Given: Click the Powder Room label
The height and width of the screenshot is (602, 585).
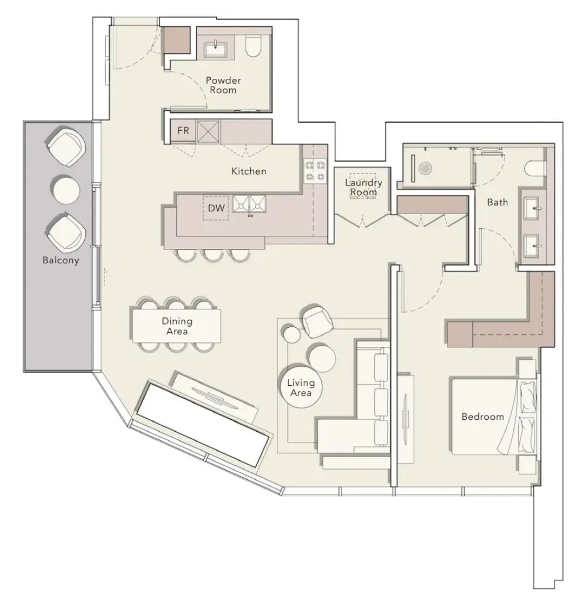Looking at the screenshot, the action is tap(223, 85).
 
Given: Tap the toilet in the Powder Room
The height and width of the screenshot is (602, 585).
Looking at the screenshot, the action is tap(253, 45).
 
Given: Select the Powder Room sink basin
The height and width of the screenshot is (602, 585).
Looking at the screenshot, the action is tap(216, 49).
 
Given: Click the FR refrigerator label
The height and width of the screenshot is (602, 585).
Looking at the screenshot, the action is tap(183, 131).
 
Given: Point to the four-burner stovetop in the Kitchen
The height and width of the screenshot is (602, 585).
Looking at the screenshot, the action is tap(315, 171).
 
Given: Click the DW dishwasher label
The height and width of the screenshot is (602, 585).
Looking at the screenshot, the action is tap(216, 208).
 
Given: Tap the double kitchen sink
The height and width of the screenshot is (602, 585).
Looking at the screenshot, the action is tap(249, 204).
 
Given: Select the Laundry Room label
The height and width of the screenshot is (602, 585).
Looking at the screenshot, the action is tap(363, 187).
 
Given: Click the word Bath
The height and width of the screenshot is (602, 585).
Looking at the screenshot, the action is tap(497, 202).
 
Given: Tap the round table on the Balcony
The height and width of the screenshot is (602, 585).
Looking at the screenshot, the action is tap(66, 189).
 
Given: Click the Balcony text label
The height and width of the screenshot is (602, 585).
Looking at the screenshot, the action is tap(61, 260).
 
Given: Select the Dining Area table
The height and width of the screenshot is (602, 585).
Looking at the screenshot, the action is tap(177, 326).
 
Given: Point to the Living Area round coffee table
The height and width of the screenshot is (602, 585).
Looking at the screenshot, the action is tap(300, 387).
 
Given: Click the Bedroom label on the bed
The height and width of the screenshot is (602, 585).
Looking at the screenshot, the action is tap(483, 416).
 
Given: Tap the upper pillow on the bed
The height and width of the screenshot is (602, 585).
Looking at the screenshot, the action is tap(528, 396).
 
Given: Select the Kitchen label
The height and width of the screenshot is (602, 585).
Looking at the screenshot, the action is tap(249, 171).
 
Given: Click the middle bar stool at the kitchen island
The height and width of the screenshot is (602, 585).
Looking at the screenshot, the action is tap(213, 255).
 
